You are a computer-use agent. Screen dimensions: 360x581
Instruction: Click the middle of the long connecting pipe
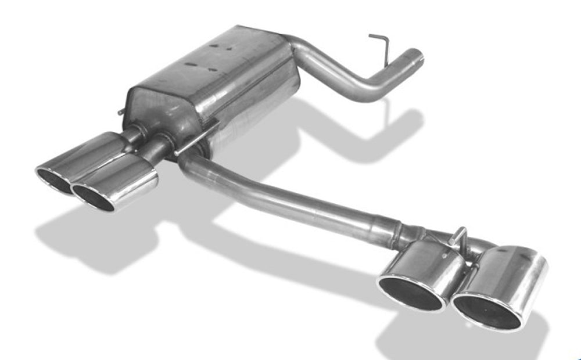click(290, 197)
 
